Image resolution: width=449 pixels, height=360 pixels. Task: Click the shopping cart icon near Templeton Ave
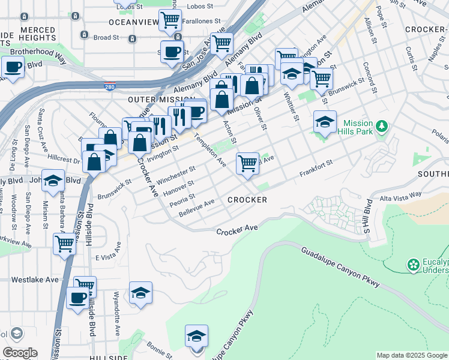tap(247, 163)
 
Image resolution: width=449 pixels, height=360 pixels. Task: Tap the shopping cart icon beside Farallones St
tap(170, 20)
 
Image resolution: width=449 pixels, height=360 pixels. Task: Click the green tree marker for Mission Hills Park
tap(382, 127)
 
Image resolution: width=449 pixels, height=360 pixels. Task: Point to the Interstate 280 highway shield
tap(109, 87)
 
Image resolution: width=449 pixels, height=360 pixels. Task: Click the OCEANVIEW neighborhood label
tap(133, 22)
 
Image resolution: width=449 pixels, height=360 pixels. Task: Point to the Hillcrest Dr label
tap(64, 161)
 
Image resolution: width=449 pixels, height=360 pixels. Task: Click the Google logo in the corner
tap(19, 353)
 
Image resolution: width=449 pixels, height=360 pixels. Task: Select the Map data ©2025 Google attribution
tap(411, 355)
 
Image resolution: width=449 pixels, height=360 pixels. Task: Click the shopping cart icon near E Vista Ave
tap(64, 243)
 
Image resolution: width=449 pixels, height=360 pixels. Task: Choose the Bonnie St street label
tap(159, 347)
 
